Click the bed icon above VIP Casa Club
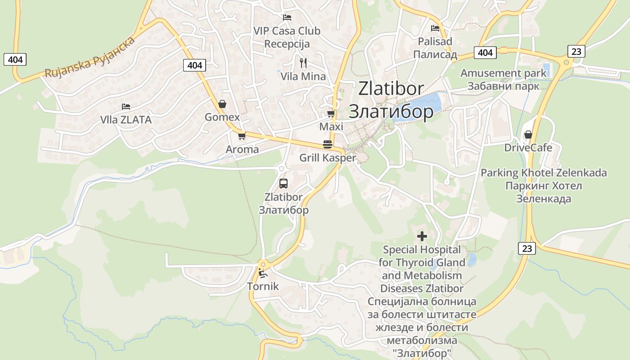tap(287, 18)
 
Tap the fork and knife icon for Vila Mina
tap(303, 63)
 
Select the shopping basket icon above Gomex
tap(222, 104)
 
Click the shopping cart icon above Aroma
tap(242, 136)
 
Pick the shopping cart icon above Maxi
tap(331, 113)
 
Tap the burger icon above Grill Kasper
tap(328, 144)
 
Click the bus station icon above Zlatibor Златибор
tap(283, 183)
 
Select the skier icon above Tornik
tap(261, 273)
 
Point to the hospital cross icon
tap(422, 236)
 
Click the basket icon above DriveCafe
tap(528, 135)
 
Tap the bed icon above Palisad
tap(435, 28)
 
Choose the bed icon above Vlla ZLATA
tap(126, 107)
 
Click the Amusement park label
tap(503, 73)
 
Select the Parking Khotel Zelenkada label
tap(544, 173)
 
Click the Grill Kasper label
tap(328, 158)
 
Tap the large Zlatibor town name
tap(391, 89)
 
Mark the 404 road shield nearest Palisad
tap(485, 53)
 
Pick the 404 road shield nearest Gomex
tap(194, 65)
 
